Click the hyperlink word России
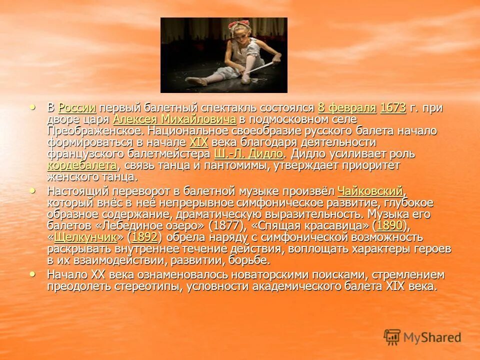click(x=77, y=108)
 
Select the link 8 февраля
click(x=346, y=108)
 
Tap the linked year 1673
click(x=392, y=108)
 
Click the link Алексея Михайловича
click(x=174, y=119)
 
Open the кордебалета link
click(x=82, y=165)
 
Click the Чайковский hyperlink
click(x=370, y=191)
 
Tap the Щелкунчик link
click(x=85, y=236)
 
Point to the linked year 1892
click(x=144, y=236)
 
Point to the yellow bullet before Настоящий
click(x=33, y=190)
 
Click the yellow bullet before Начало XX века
click(x=33, y=274)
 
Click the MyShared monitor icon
click(x=392, y=337)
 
